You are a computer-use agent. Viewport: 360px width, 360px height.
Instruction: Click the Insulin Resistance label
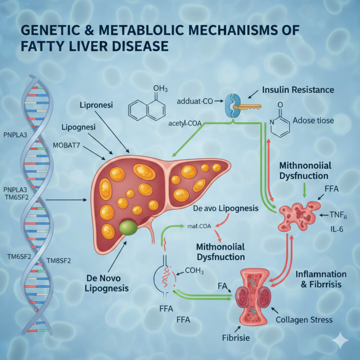coord(298,90)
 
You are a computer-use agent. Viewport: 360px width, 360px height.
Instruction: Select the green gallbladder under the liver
coord(129,228)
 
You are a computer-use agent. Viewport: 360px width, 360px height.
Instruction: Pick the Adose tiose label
coord(313,120)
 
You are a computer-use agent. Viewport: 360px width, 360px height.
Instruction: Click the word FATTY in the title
coord(47,47)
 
